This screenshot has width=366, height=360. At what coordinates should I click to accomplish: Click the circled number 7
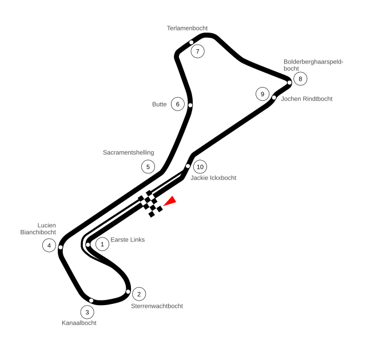197,51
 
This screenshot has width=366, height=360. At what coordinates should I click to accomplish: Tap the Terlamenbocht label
187,28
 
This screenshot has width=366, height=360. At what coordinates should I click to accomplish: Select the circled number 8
300,79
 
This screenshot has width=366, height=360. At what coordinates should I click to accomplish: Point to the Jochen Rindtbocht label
307,99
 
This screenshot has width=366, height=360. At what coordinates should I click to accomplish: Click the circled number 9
262,94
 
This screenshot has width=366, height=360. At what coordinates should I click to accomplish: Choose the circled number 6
178,104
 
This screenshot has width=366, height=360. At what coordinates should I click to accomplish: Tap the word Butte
160,104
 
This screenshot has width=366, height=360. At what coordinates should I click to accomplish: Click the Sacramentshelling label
128,153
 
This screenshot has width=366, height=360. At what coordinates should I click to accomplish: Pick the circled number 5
148,167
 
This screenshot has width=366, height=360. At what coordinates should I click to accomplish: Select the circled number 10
200,167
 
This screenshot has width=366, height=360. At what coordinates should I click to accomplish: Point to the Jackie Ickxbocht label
213,178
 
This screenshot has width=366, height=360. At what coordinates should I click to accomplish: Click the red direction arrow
170,201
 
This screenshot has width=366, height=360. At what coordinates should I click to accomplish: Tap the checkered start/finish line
150,204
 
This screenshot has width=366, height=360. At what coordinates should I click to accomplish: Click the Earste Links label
128,240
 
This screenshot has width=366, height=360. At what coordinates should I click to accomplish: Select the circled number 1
102,244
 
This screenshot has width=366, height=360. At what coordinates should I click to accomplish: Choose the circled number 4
49,246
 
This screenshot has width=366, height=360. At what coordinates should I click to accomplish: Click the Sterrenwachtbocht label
157,306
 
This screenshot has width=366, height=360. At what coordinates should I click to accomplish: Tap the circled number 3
87,312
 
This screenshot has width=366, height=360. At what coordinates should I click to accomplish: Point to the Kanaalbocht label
79,323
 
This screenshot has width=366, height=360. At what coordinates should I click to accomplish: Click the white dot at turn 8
289,82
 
